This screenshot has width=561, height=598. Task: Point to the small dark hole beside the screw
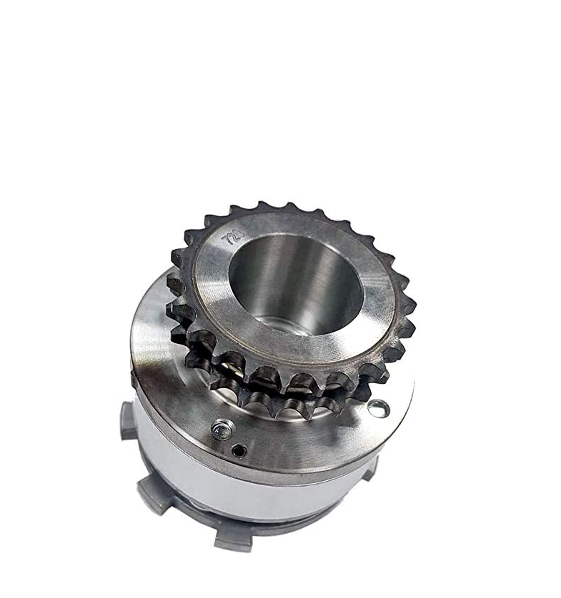(242, 450)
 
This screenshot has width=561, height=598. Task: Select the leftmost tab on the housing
(128, 421)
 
